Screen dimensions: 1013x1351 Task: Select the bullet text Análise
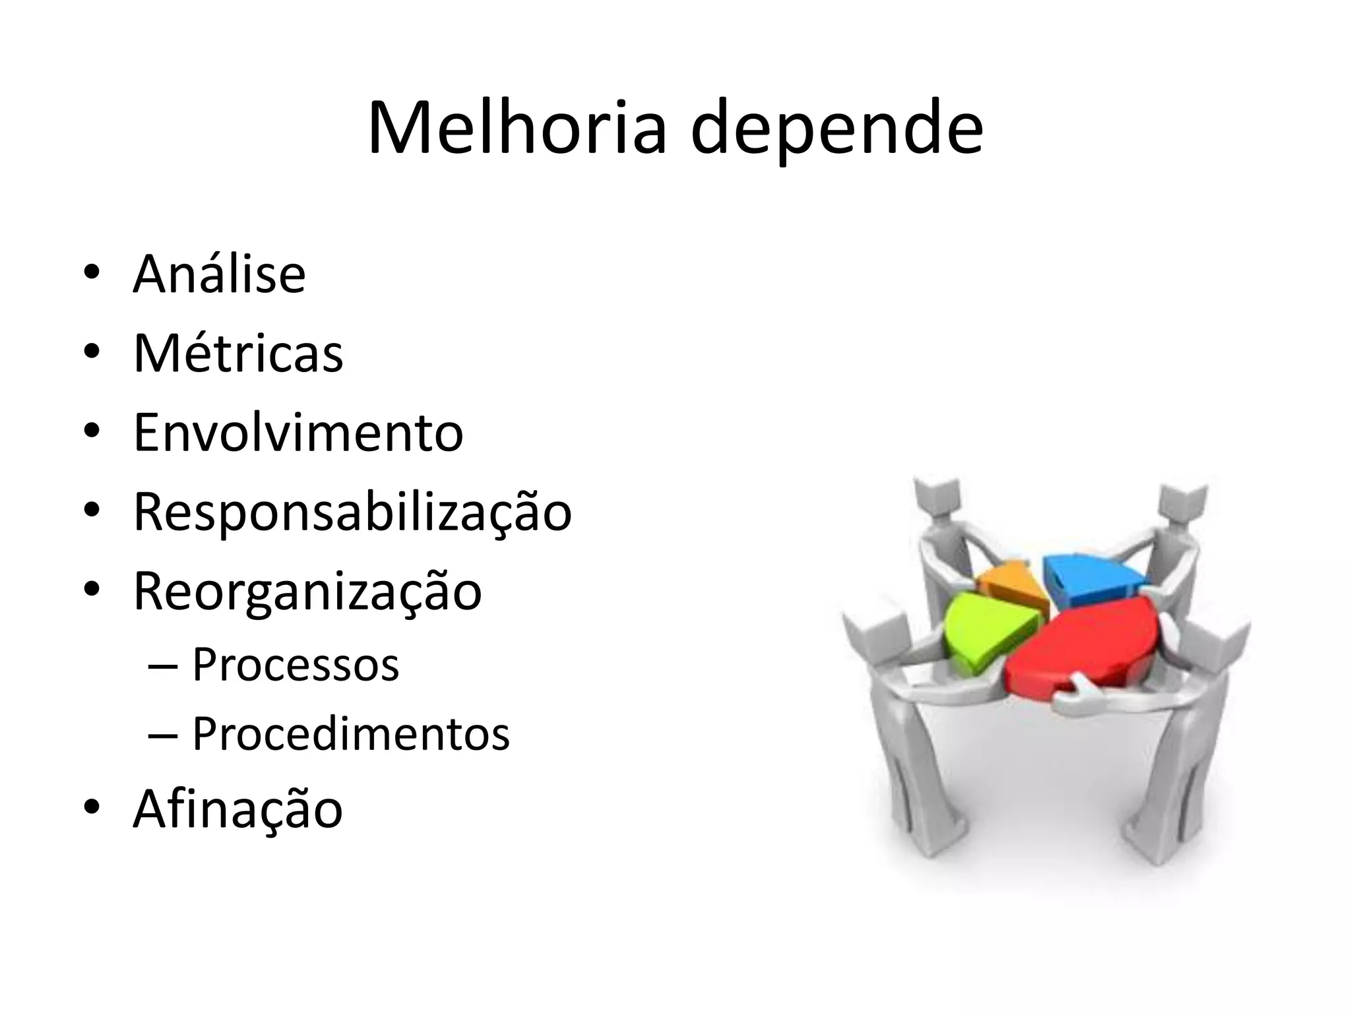(x=219, y=274)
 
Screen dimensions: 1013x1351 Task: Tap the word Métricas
(x=238, y=354)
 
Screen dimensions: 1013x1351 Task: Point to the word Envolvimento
(x=298, y=433)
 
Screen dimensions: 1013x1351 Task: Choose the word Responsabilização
(x=352, y=512)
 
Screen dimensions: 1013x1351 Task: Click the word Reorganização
(x=307, y=592)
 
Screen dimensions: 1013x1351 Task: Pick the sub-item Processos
(x=296, y=664)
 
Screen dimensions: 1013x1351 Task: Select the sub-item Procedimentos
(x=351, y=733)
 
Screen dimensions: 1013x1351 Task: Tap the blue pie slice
(x=1088, y=577)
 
